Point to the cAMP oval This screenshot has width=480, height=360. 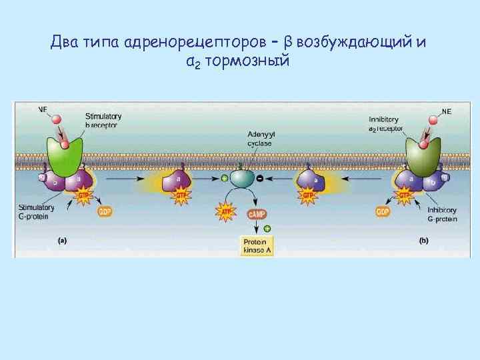[x=257, y=213]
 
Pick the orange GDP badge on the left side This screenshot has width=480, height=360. [x=105, y=211]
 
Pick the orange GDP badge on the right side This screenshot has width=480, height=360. [x=383, y=211]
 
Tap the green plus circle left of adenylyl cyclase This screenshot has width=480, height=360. [x=225, y=179]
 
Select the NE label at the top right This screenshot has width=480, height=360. [x=446, y=111]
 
